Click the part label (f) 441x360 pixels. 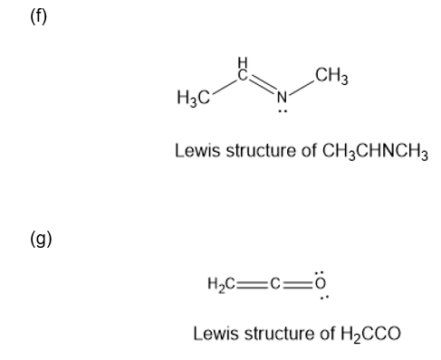click(39, 16)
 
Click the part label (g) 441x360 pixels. click(41, 239)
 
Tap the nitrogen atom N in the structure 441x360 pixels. click(282, 97)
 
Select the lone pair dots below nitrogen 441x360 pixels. click(283, 111)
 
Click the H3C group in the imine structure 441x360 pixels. click(193, 98)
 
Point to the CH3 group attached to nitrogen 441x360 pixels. click(331, 76)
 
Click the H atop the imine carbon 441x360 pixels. click(243, 62)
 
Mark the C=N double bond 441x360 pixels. click(263, 83)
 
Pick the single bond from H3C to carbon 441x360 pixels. click(224, 87)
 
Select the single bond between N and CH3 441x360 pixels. click(301, 87)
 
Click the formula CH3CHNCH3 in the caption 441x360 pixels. click(375, 151)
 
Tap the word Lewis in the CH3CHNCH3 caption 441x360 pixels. click(197, 150)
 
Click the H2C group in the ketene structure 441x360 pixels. click(221, 284)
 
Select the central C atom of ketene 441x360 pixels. click(275, 283)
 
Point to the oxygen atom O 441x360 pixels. click(321, 283)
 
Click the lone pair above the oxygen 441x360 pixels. click(320, 273)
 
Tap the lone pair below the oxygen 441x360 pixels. click(324, 298)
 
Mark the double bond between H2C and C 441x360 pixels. click(252, 284)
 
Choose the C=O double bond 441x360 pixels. click(298, 284)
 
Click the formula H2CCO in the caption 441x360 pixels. click(370, 334)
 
